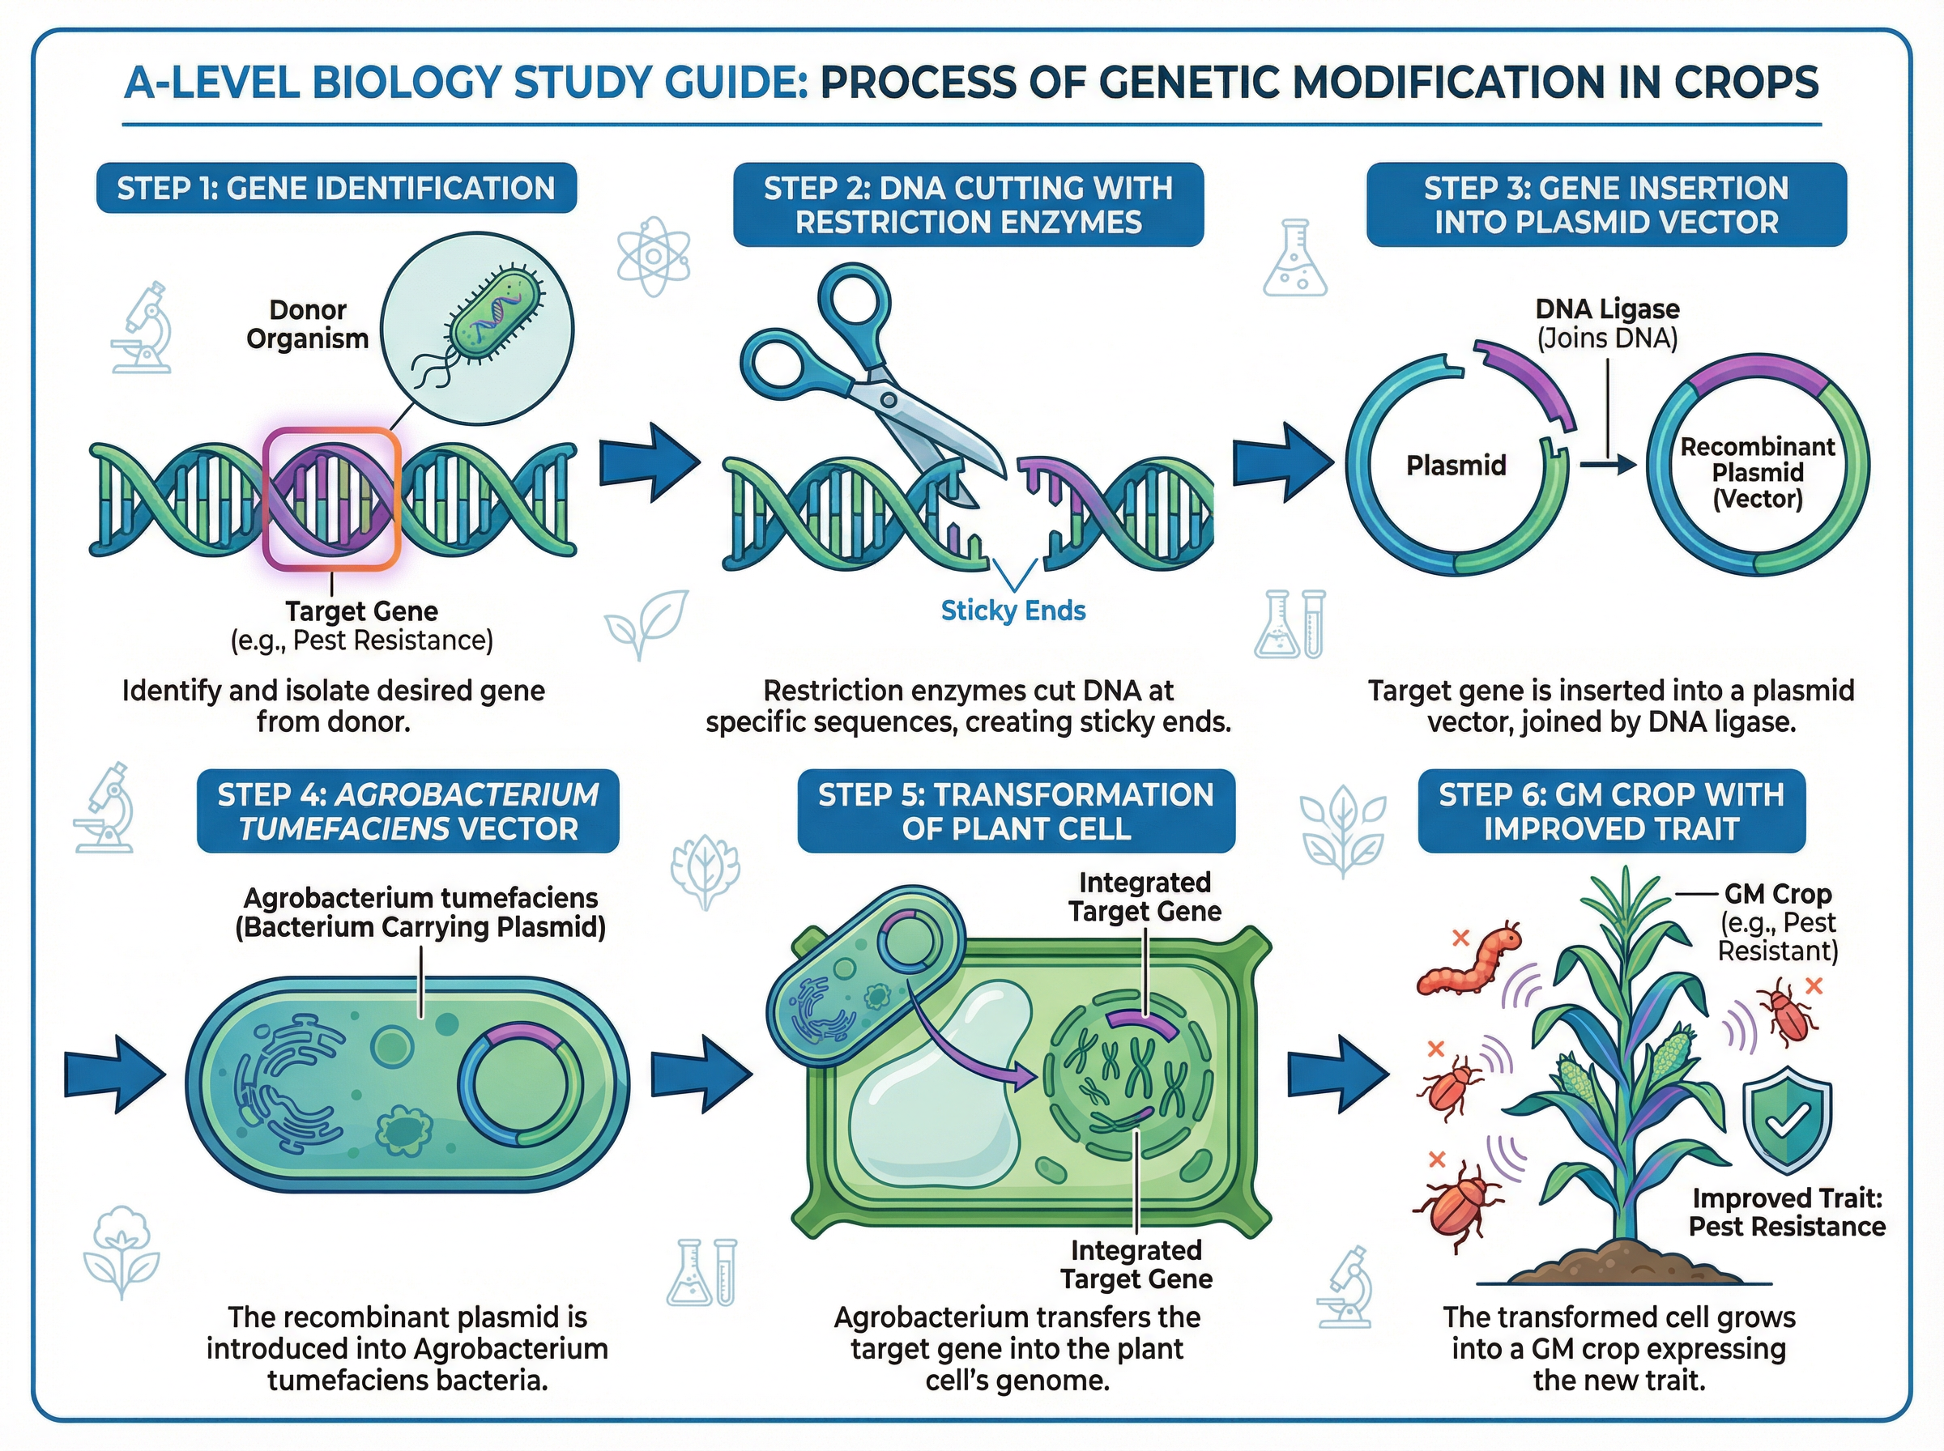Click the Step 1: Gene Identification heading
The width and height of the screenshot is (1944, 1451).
click(335, 188)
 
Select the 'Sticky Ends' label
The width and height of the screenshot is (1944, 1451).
click(1013, 611)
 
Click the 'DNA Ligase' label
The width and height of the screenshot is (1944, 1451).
click(1607, 309)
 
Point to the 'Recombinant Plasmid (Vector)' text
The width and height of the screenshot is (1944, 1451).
click(1757, 473)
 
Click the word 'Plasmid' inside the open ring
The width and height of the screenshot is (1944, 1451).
click(1456, 465)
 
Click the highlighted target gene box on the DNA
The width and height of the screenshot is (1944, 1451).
click(332, 498)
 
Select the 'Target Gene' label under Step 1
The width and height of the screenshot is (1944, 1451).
click(361, 611)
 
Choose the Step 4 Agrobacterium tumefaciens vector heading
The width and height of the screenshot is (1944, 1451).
click(407, 811)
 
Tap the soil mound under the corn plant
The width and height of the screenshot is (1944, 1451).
click(1621, 1261)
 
